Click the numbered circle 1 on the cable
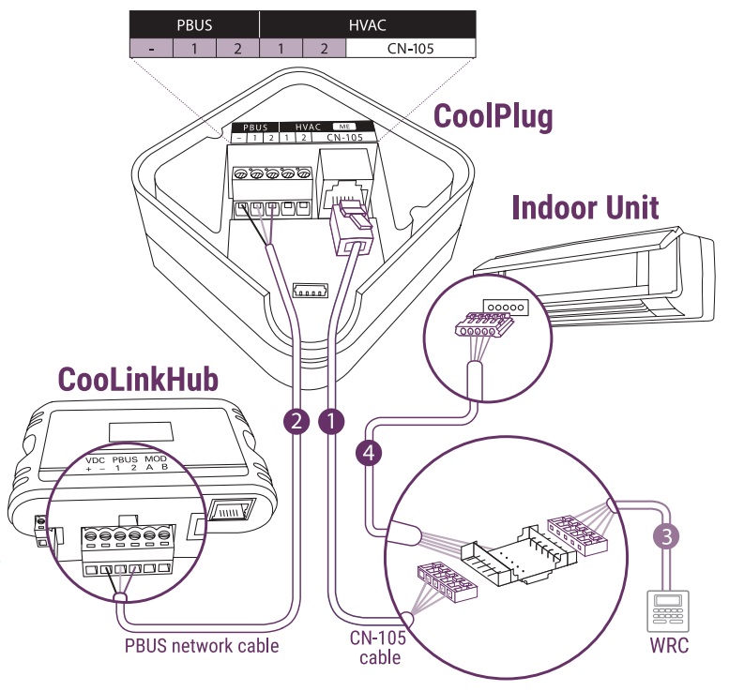tap(330, 423)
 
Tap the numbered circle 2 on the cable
tap(296, 423)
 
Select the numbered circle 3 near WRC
tap(664, 536)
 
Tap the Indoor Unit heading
tap(585, 207)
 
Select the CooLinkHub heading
tap(139, 378)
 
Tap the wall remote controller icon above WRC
tap(665, 609)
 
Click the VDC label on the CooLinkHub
tap(95, 460)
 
